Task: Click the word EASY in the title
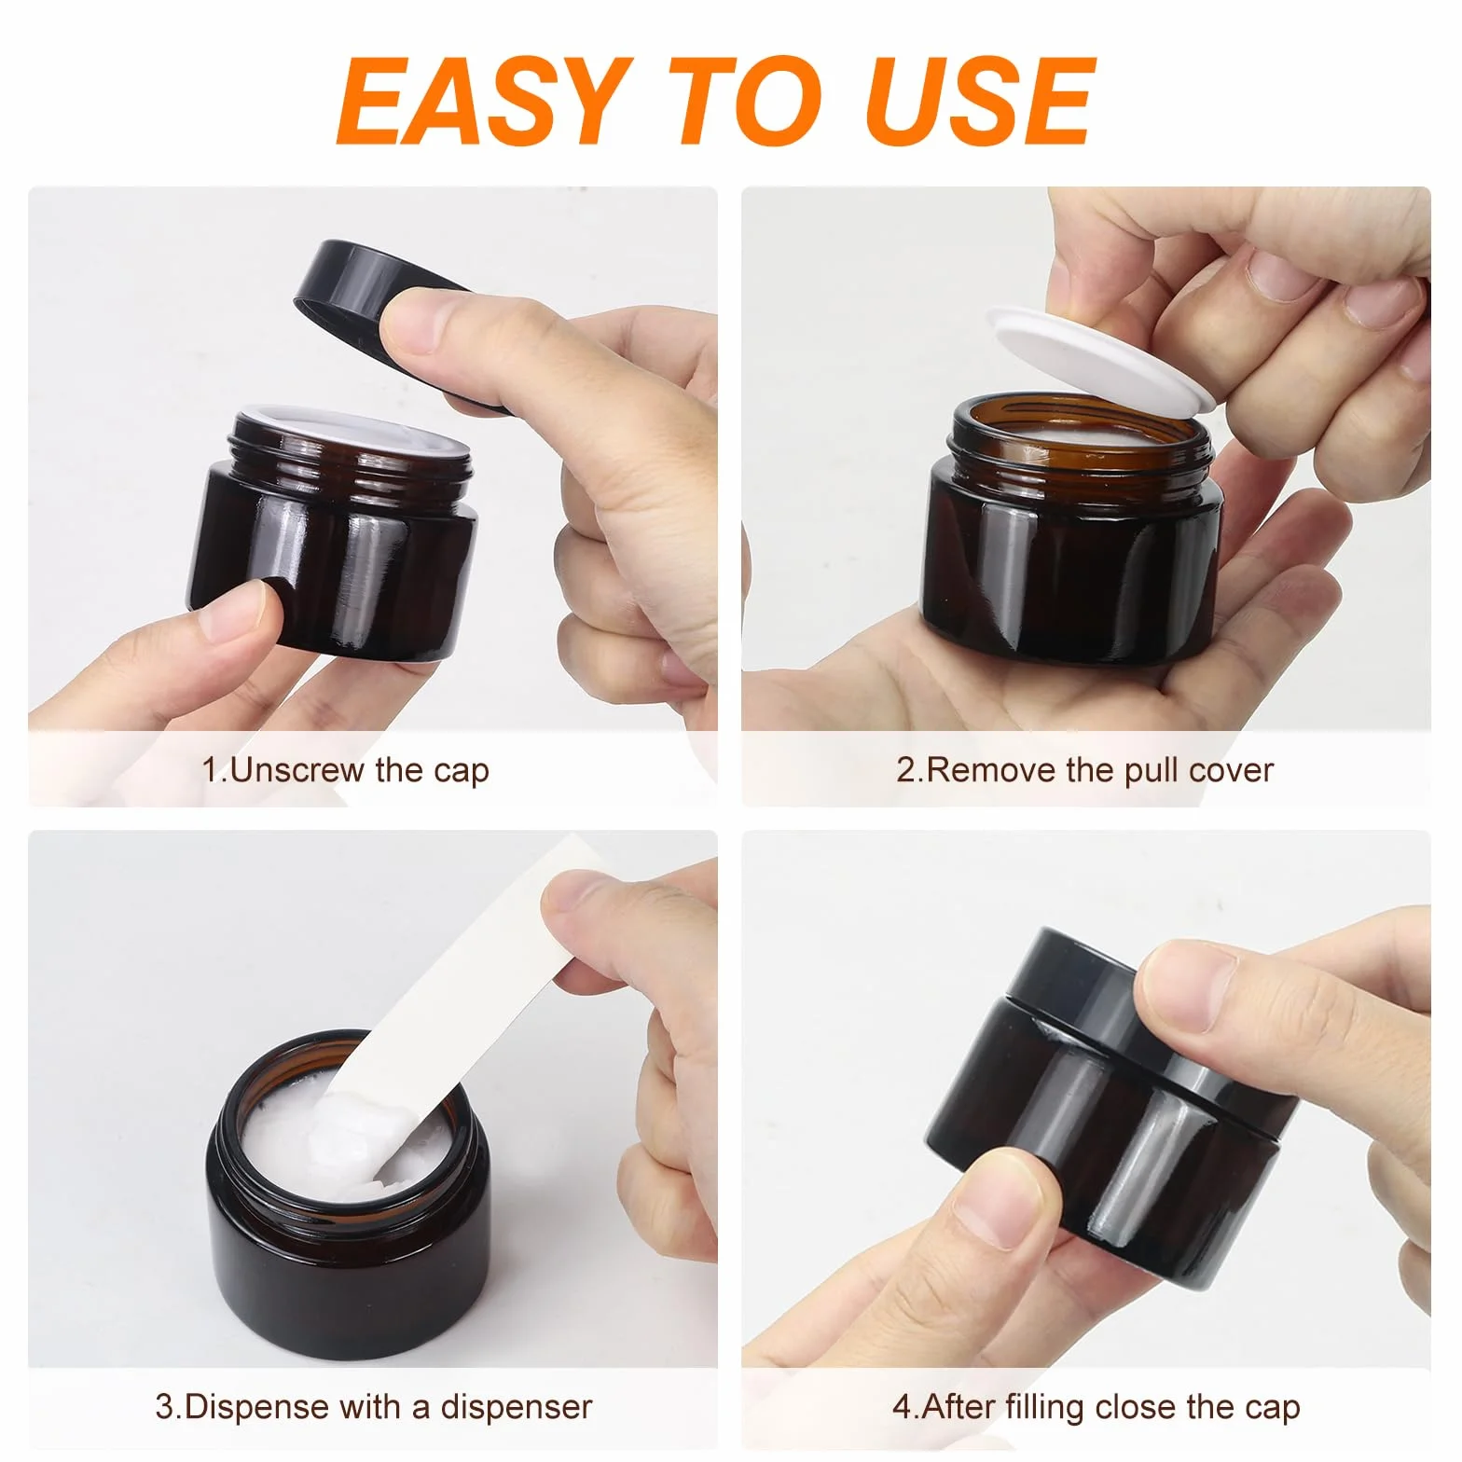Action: click(x=479, y=100)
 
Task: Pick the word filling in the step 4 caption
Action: click(x=1048, y=1407)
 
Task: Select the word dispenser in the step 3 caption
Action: click(x=517, y=1406)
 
